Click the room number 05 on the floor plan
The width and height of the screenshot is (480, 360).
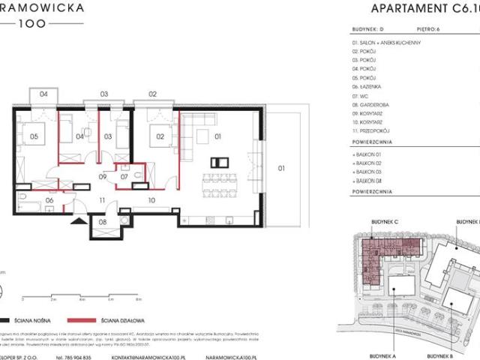pos(34,137)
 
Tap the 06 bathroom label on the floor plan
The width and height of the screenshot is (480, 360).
pos(50,200)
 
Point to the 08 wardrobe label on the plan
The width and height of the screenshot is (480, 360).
pos(103,222)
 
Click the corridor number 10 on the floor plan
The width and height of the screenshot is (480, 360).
pos(151,200)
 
